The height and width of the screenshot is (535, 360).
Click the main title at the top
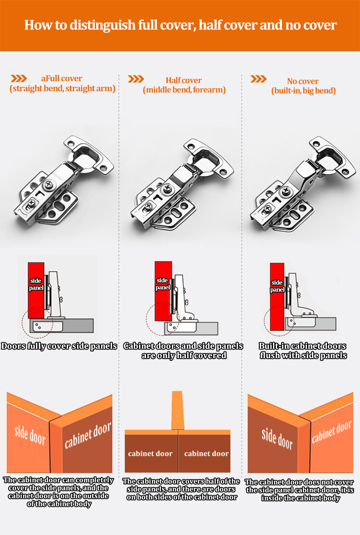point(180,24)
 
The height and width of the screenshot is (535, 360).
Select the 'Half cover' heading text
point(184,80)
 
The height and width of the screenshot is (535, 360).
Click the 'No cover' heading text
point(303,81)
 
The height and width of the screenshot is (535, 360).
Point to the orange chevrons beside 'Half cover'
point(136,79)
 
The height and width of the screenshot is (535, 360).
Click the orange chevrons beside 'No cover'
point(258,79)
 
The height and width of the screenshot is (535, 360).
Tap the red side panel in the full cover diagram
point(36,290)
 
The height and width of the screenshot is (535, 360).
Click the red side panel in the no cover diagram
point(277,295)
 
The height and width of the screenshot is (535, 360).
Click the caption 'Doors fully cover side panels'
point(58,346)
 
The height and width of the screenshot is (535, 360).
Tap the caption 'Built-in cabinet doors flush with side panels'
point(303,351)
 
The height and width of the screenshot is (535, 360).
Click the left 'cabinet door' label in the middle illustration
point(150,454)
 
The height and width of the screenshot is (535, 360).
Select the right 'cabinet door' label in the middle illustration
point(206,454)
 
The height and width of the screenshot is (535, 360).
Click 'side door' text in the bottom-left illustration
point(29,435)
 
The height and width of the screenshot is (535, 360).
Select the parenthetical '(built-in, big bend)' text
point(303,91)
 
